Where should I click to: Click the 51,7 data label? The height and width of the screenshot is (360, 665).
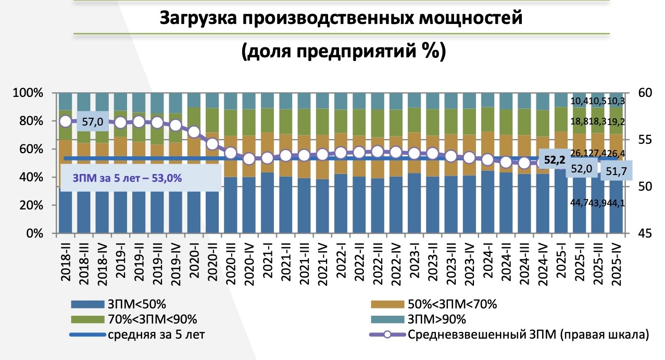[617, 171]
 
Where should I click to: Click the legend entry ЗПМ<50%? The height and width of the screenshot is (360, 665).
[136, 303]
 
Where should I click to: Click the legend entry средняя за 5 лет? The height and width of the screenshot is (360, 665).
[156, 334]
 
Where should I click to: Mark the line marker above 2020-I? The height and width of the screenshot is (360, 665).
[194, 132]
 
